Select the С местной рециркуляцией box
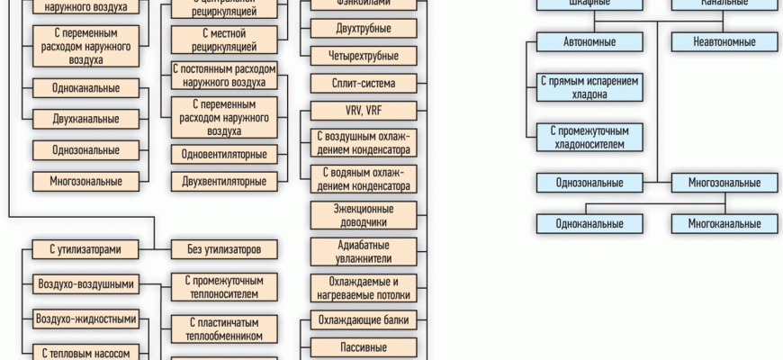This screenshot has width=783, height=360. [x=224, y=39]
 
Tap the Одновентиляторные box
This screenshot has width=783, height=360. [x=224, y=154]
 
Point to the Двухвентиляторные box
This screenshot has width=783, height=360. [x=224, y=182]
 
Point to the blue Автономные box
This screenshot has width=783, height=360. [x=589, y=41]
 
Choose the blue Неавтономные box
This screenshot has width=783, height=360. [x=724, y=41]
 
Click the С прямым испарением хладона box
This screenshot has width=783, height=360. [x=589, y=85]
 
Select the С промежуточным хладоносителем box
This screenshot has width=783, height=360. [x=589, y=136]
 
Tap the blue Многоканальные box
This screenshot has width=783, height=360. [x=724, y=222]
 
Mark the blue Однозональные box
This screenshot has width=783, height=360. [x=589, y=183]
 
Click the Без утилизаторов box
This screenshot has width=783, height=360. [x=224, y=248]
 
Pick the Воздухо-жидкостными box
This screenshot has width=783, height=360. [x=86, y=319]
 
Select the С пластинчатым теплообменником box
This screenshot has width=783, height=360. [x=224, y=328]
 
